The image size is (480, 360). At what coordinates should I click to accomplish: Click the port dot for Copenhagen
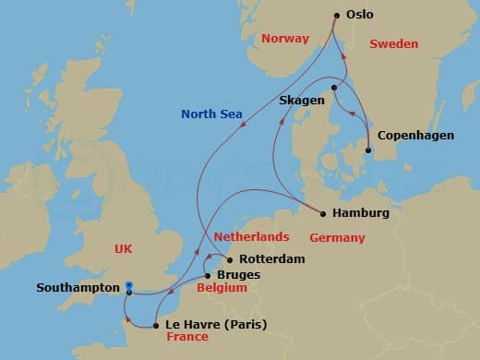368,150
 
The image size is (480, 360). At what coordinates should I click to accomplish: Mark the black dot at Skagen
333,88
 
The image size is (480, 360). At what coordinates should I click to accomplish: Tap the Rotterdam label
272,259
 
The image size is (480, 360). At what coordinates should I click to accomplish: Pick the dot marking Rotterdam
230,259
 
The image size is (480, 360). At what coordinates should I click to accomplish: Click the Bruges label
238,275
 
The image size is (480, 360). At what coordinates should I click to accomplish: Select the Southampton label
77,287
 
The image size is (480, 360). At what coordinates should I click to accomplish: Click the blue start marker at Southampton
128,285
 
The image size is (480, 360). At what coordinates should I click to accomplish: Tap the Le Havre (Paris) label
210,324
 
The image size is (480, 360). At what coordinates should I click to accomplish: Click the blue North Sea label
211,114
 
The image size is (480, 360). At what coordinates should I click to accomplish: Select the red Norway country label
284,39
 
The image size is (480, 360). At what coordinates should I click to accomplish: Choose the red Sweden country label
394,44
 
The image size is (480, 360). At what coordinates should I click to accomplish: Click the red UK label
125,248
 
